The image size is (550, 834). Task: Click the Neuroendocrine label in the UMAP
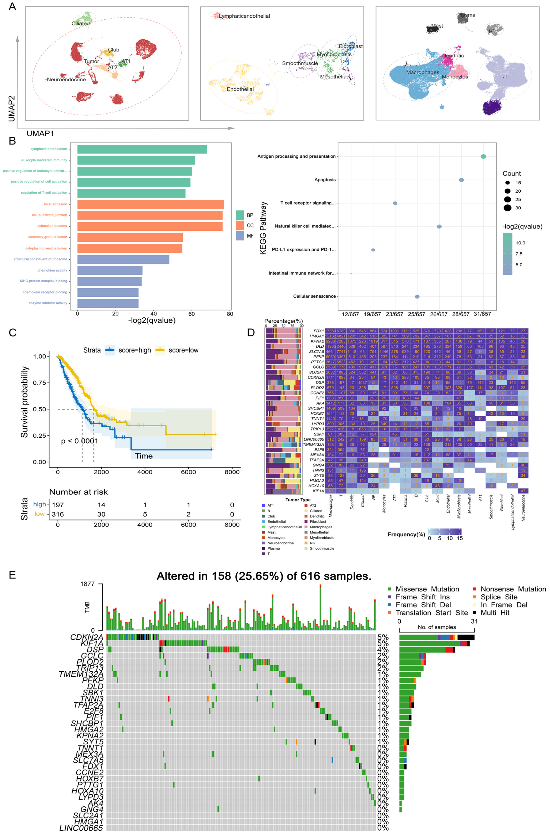click(x=66, y=80)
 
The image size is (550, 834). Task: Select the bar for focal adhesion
click(x=150, y=204)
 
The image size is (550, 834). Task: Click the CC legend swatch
click(x=240, y=225)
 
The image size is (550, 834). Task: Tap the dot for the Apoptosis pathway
click(x=461, y=180)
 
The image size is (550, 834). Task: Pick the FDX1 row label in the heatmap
click(x=319, y=331)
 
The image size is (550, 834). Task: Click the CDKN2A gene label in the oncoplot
click(x=87, y=637)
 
